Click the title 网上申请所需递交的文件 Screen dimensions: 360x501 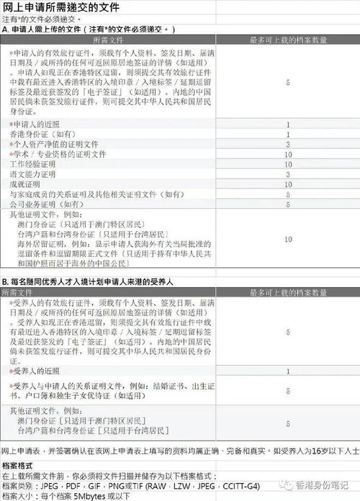point(61,7)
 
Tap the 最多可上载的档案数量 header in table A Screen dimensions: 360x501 point(288,41)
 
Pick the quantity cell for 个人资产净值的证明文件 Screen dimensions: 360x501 point(288,145)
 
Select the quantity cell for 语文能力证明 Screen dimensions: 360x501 point(288,175)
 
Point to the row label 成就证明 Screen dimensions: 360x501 point(27,185)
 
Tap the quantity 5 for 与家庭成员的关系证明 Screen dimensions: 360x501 point(288,195)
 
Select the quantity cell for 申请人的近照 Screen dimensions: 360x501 point(288,125)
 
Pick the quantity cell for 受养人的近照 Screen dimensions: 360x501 point(288,371)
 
